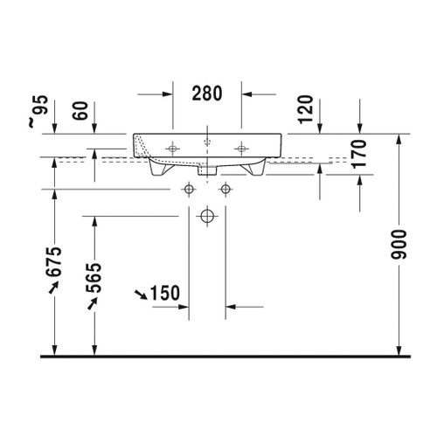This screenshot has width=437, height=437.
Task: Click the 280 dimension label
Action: coord(205,91)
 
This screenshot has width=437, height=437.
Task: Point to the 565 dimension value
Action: coord(94,278)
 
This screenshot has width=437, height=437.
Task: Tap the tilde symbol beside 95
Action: coord(33,123)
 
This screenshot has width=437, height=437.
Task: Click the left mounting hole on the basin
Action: coord(172,148)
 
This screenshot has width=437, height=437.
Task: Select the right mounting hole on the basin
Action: coord(240,148)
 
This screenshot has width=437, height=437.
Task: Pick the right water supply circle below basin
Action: coord(226,188)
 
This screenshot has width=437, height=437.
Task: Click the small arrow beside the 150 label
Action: coord(139,294)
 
